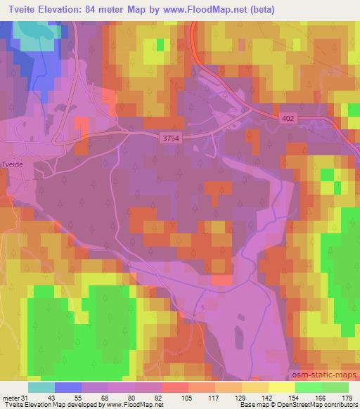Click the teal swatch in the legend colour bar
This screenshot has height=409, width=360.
[41, 387]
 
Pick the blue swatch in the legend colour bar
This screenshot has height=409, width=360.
[67, 387]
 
